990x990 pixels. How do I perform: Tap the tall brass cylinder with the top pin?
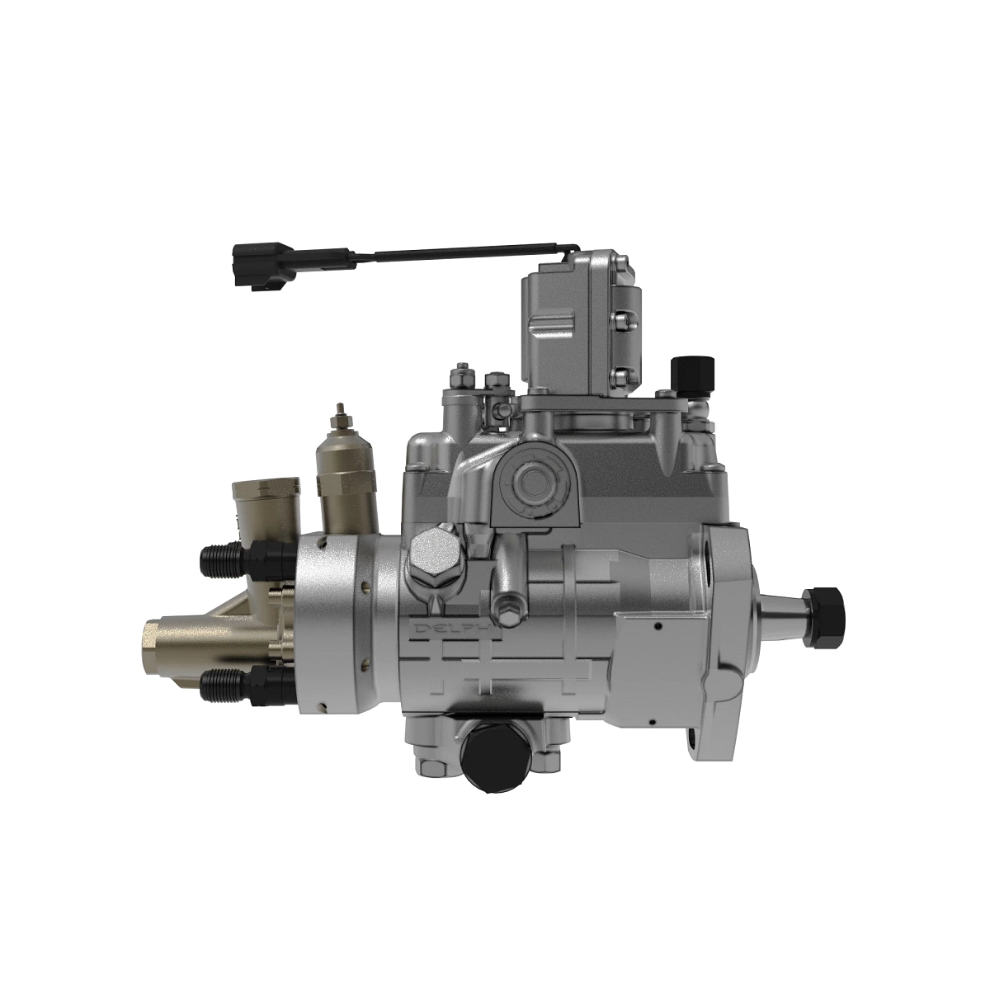pos(347,487)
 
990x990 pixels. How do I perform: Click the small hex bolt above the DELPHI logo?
pos(506,611)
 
